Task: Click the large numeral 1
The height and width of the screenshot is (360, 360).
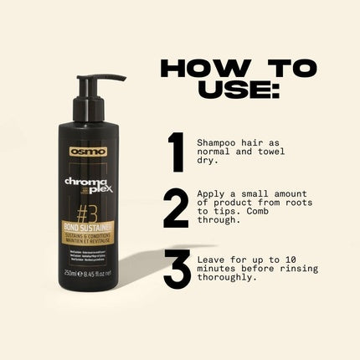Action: coord(175,151)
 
